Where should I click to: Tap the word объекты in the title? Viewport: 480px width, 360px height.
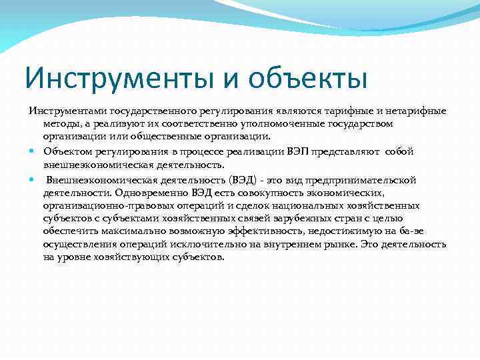click(308, 77)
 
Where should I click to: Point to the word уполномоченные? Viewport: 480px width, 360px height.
click(285, 123)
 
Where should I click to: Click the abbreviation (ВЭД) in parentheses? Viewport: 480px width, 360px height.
click(243, 179)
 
